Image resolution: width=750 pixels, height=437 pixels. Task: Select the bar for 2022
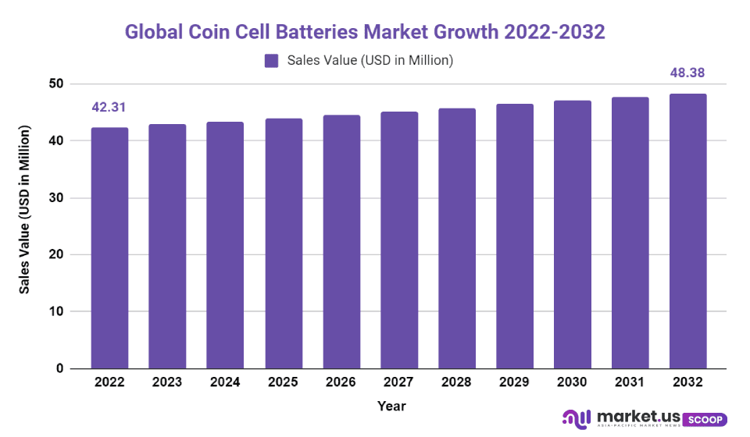coord(109,248)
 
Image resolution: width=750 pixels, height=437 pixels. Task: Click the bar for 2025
coord(283,243)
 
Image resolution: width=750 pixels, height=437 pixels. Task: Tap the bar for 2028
coord(456,238)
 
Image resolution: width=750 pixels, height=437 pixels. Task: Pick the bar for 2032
coord(687,231)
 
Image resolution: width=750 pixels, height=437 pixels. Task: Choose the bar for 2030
coord(572,234)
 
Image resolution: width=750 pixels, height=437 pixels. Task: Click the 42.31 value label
coord(109,108)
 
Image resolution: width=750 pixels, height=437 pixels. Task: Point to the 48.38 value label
coord(687,73)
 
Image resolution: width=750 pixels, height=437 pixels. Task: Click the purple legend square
coord(272,61)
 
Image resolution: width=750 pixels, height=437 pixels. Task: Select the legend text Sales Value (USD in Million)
coord(370,60)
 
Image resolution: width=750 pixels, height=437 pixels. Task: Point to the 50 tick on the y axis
coord(55,83)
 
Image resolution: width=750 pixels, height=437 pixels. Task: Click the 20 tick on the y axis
coord(55,254)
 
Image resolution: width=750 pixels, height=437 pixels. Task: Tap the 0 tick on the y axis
coord(59,368)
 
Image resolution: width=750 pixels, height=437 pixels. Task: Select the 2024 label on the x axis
coord(225,382)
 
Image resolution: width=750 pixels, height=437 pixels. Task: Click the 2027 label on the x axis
coord(398,382)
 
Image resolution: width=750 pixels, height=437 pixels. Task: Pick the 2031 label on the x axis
coord(630,382)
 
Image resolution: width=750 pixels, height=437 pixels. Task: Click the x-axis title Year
coord(391,406)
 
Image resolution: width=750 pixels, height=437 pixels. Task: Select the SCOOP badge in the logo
coord(705,419)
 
